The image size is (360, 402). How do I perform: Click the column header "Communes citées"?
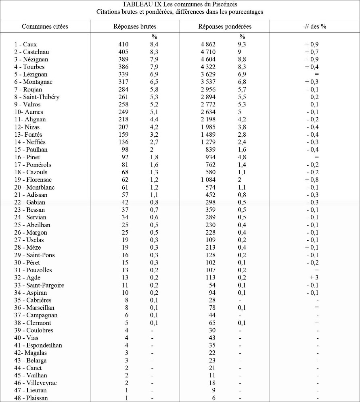[45, 27]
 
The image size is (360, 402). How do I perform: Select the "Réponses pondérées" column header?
[225, 27]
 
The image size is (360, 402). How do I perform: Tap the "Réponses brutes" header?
[135, 27]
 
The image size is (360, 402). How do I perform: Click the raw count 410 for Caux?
[123, 44]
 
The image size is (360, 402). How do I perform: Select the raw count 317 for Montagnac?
[123, 82]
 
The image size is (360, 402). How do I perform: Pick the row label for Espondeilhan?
[38, 346]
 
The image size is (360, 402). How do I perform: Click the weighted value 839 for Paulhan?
[210, 150]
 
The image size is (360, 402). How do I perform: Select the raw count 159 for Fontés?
[123, 135]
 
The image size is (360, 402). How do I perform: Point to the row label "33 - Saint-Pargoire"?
[39, 285]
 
